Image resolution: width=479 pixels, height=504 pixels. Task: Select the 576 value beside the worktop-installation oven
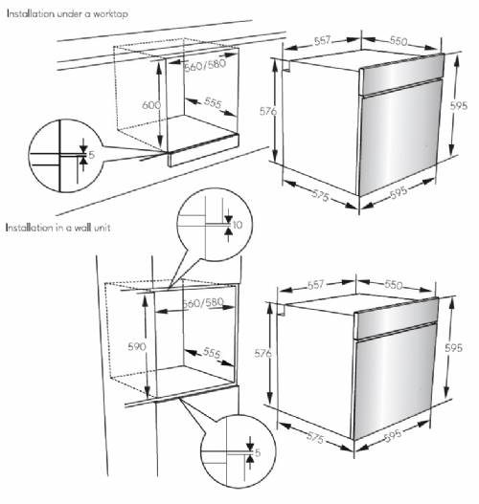268,112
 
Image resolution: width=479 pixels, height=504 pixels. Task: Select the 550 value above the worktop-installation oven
402,42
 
